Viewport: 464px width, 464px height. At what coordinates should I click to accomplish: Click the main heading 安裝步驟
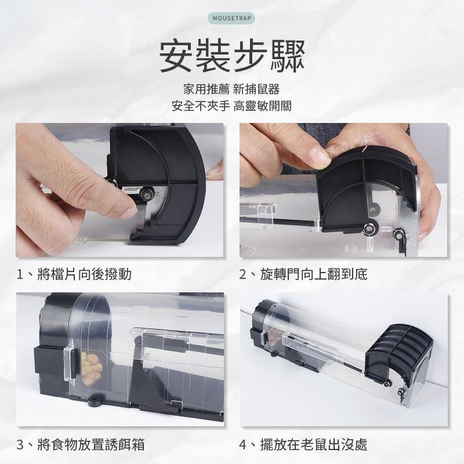pyautogui.click(x=232, y=56)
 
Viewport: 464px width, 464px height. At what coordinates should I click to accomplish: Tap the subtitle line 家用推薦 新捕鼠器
pyautogui.click(x=231, y=89)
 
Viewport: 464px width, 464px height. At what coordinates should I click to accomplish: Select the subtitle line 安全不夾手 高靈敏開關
pyautogui.click(x=231, y=106)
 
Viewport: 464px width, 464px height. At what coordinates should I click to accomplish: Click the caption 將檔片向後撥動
pyautogui.click(x=84, y=274)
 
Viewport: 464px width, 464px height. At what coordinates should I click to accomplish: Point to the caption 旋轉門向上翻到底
pyautogui.click(x=314, y=274)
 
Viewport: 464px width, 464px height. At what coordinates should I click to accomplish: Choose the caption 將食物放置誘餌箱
pyautogui.click(x=91, y=444)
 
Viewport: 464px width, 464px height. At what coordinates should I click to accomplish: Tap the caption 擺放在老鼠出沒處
pyautogui.click(x=314, y=444)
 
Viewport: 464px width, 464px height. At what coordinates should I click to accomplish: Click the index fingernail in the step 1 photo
pyautogui.click(x=129, y=212)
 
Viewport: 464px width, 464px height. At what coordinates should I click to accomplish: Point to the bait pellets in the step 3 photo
pyautogui.click(x=91, y=368)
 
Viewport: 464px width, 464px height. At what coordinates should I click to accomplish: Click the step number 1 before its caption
pyautogui.click(x=20, y=274)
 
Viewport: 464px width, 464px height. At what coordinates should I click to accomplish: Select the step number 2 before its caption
pyautogui.click(x=242, y=274)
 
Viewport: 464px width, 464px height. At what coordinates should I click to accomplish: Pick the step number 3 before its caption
pyautogui.click(x=20, y=445)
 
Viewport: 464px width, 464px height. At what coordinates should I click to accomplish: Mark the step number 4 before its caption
pyautogui.click(x=242, y=445)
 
